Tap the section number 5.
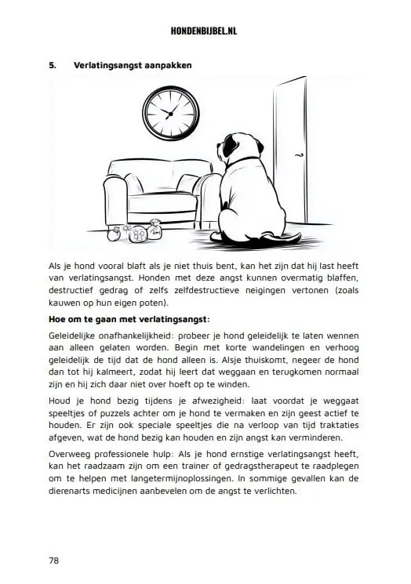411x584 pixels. click(x=51, y=64)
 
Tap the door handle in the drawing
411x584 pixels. click(x=299, y=157)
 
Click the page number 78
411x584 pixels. click(x=54, y=560)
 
